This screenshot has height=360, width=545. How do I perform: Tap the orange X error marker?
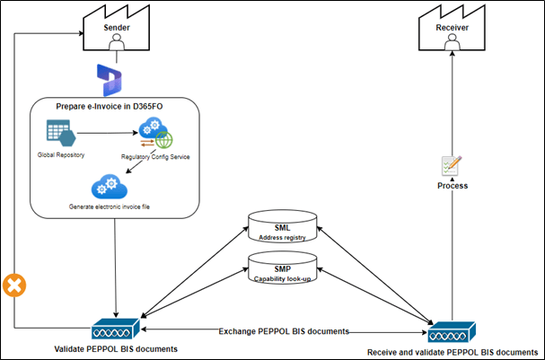click(14, 285)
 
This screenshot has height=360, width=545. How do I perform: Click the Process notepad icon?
click(452, 165)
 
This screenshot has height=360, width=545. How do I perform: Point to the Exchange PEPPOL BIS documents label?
click(284, 331)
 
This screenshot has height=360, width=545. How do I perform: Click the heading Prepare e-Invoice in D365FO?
click(115, 107)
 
